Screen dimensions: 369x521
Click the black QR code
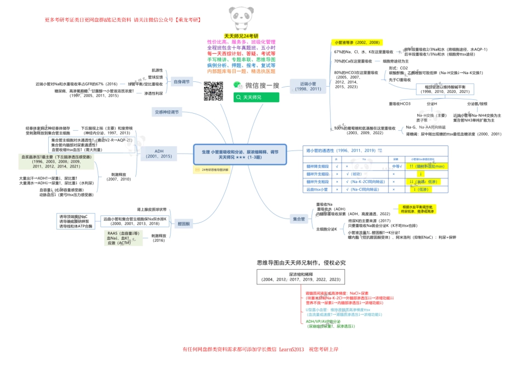(x=213, y=91)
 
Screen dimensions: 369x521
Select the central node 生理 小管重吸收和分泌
(x=240, y=154)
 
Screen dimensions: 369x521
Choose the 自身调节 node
(x=181, y=81)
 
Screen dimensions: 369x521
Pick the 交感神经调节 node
(x=167, y=111)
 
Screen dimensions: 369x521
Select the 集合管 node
(x=299, y=219)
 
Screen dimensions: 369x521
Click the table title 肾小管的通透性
(x=341, y=150)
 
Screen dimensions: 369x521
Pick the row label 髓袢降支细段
(x=317, y=166)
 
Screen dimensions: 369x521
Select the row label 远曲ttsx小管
(x=317, y=189)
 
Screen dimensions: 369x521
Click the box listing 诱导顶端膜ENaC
(x=77, y=221)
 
